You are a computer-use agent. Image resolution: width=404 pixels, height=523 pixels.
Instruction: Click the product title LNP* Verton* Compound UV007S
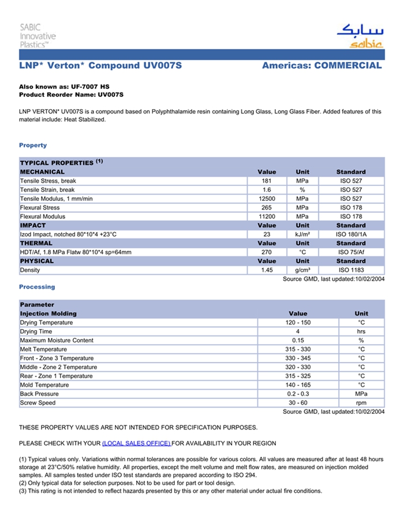pyautogui.click(x=100, y=66)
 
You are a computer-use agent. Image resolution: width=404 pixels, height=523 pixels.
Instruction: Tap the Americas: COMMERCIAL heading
pyautogui.click(x=321, y=66)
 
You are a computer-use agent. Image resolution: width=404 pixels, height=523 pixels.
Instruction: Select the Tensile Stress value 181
pyautogui.click(x=267, y=181)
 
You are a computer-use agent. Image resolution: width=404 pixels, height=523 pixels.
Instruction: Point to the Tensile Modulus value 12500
pyautogui.click(x=267, y=199)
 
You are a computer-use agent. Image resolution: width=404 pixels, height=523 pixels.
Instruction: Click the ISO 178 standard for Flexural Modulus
pyautogui.click(x=351, y=217)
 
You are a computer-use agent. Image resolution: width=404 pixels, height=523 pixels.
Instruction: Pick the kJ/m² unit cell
pyautogui.click(x=302, y=235)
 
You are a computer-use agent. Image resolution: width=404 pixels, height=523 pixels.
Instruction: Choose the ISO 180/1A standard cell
pyautogui.click(x=351, y=235)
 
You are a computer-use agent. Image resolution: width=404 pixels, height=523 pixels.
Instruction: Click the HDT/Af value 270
pyautogui.click(x=267, y=252)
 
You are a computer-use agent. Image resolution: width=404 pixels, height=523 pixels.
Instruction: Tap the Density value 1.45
pyautogui.click(x=267, y=270)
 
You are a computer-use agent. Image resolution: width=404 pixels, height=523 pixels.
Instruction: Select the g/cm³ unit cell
pyautogui.click(x=302, y=270)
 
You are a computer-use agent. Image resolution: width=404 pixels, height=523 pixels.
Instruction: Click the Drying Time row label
pyautogui.click(x=36, y=332)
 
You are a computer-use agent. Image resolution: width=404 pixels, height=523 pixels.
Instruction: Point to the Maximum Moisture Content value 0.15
pyautogui.click(x=298, y=341)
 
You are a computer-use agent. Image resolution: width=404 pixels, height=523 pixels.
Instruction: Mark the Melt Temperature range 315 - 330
pyautogui.click(x=298, y=350)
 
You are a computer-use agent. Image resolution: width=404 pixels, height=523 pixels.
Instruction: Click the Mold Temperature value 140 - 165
pyautogui.click(x=298, y=385)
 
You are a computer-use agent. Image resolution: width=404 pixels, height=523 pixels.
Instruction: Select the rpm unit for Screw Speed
pyautogui.click(x=361, y=403)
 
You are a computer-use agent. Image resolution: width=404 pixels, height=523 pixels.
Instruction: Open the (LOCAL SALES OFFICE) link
pyautogui.click(x=136, y=443)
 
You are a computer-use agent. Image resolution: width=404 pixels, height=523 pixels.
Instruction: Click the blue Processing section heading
pyautogui.click(x=37, y=287)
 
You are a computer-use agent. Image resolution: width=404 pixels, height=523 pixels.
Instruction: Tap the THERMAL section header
pyautogui.click(x=37, y=244)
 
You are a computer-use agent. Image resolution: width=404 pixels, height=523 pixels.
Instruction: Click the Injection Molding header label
pyautogui.click(x=48, y=314)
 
